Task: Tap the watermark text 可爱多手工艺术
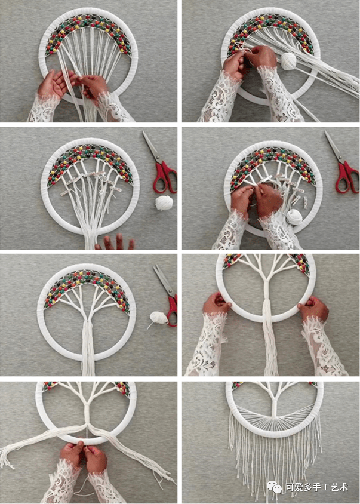click(316, 487)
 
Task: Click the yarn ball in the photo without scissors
click(288, 60)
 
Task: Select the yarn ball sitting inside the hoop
click(295, 217)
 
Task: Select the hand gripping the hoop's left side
click(217, 304)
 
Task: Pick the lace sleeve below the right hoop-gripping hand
click(323, 346)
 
